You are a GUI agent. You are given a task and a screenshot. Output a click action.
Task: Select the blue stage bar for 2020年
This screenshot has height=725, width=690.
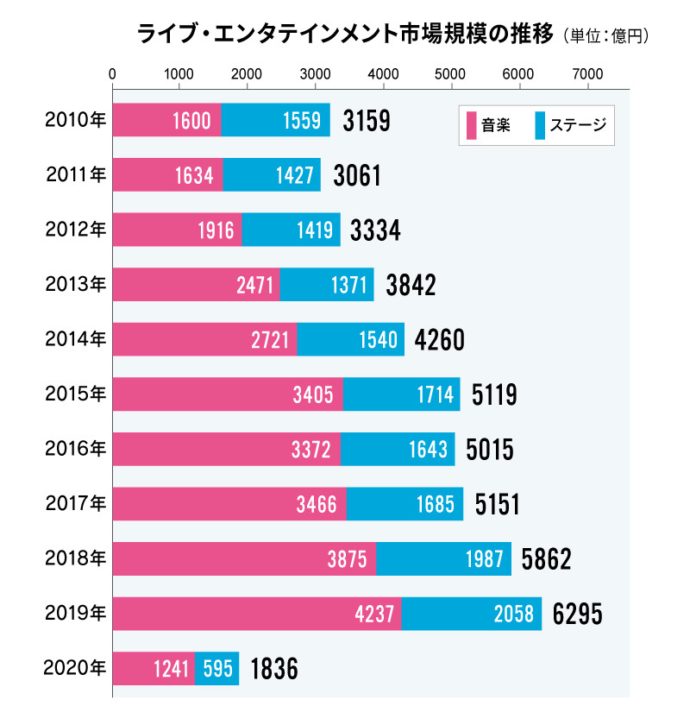216,669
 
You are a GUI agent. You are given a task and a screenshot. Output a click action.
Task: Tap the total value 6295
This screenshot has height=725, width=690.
578,615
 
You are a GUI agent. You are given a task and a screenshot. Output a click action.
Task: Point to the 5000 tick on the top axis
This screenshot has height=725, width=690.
451,74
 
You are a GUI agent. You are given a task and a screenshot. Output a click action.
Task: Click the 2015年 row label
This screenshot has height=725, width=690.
75,394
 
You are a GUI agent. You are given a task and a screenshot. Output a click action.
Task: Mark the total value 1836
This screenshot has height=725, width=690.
273,670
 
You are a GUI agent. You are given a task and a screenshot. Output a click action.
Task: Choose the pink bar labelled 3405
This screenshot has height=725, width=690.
228,394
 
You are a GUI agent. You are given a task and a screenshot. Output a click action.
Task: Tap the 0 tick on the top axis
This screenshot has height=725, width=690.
113,74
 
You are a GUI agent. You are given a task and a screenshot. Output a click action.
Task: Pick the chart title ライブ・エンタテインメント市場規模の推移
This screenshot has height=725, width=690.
345,35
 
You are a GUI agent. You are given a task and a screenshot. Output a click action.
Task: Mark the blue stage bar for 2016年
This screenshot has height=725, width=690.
398,450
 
